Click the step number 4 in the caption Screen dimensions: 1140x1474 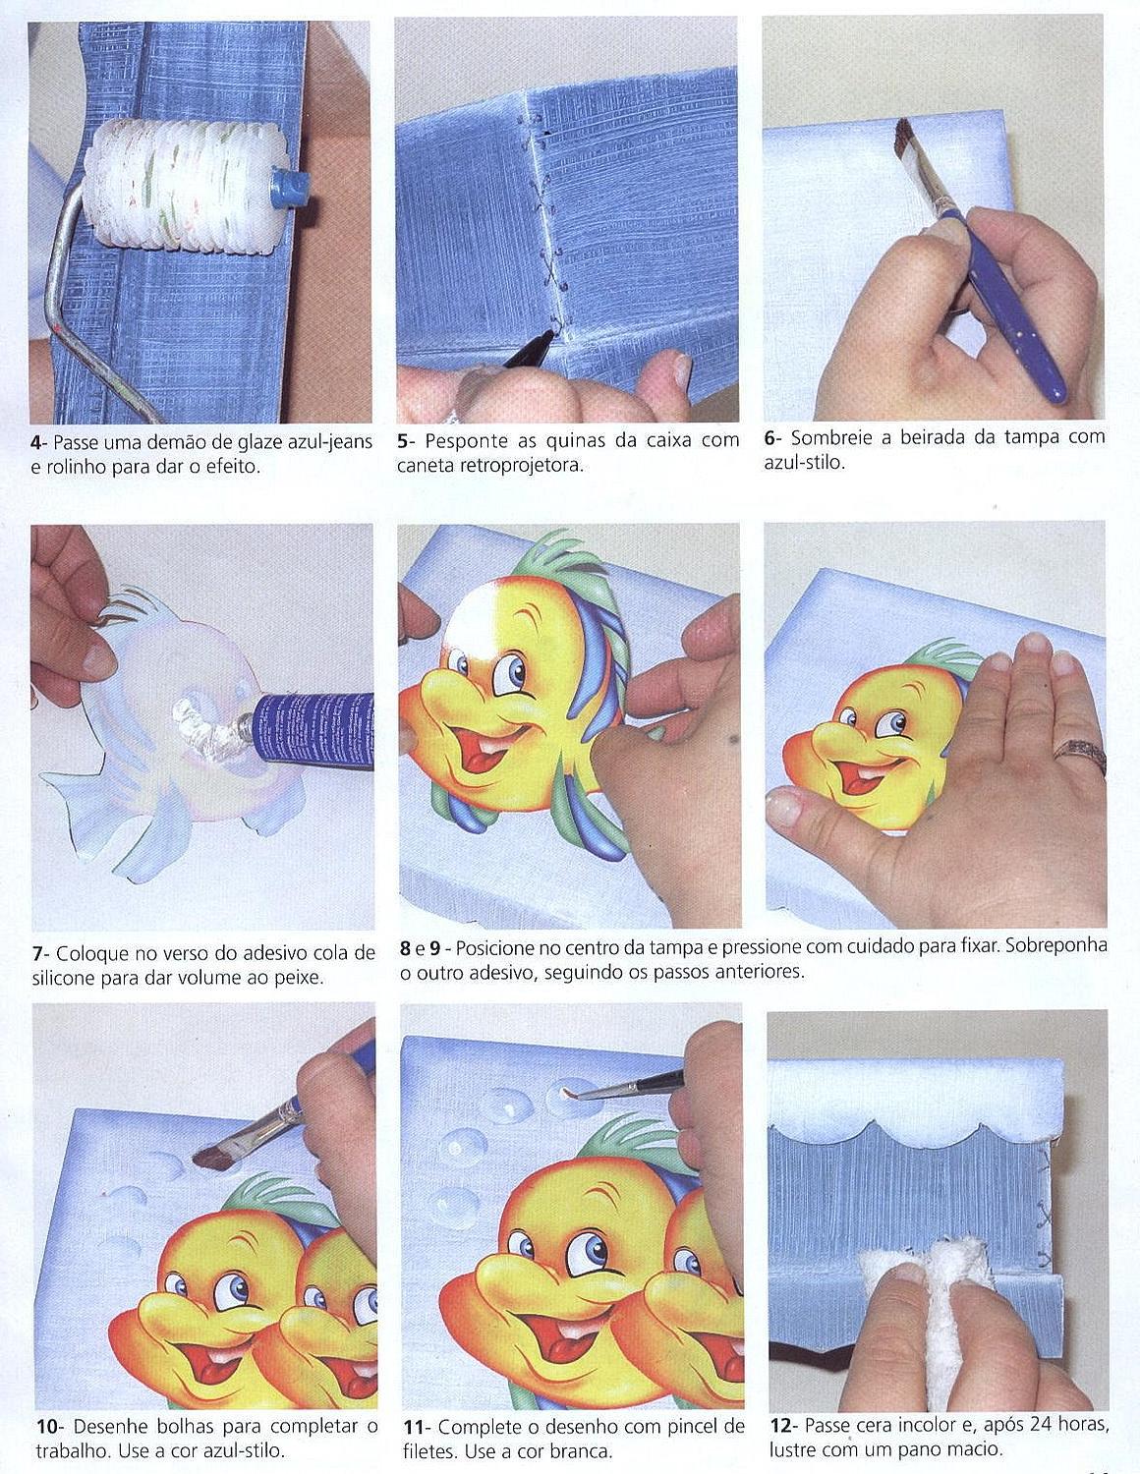click(x=36, y=443)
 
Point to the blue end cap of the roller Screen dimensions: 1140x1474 click(x=291, y=188)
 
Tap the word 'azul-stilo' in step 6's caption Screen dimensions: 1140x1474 click(x=804, y=464)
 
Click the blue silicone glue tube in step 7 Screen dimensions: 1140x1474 click(x=312, y=731)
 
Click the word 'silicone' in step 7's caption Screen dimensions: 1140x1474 click(x=65, y=978)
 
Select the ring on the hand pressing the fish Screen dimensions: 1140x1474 click(x=1080, y=756)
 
